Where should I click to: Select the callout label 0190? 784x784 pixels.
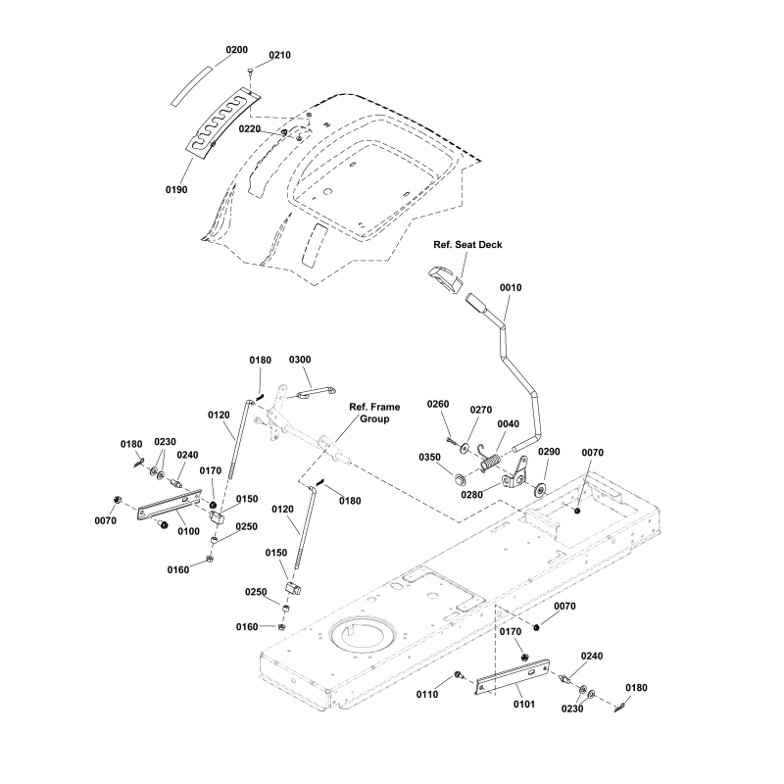click(x=176, y=189)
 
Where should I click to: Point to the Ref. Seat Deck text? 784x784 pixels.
click(x=467, y=245)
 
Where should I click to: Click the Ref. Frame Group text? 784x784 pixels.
click(x=375, y=412)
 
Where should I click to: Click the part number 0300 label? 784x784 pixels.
click(x=299, y=360)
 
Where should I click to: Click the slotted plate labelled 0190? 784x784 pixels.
click(x=221, y=122)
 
